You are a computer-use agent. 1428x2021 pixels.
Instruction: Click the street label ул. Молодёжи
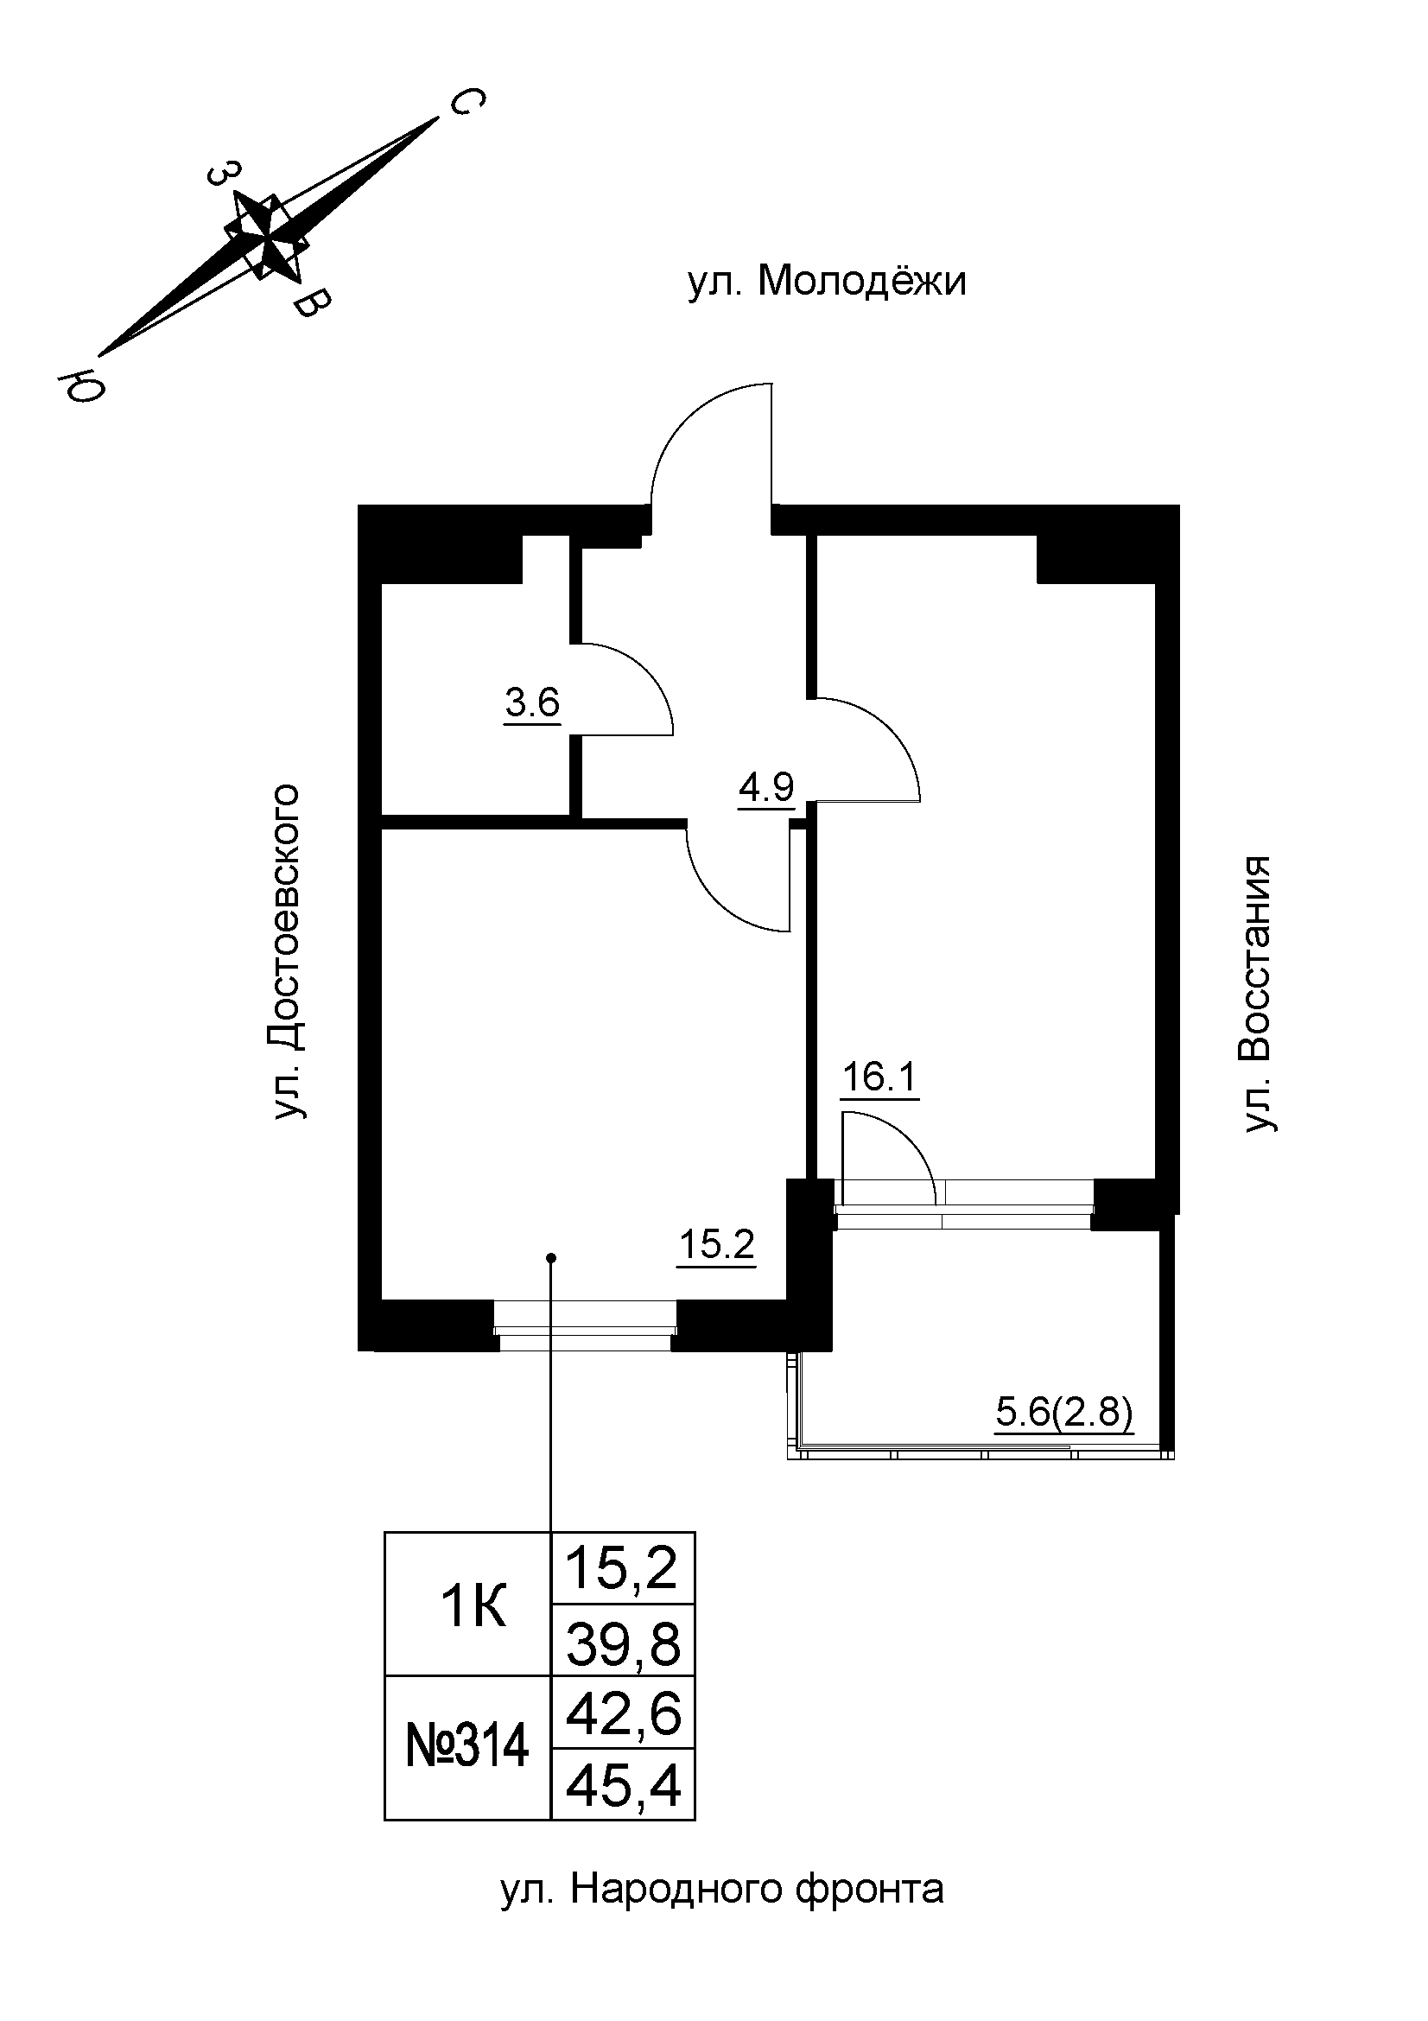pos(826,283)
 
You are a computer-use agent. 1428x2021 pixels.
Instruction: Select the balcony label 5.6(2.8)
pos(1063,1414)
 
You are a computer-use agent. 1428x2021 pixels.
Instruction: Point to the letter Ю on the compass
pos(82,384)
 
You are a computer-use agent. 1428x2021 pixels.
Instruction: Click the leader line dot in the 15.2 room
pos(551,1257)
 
